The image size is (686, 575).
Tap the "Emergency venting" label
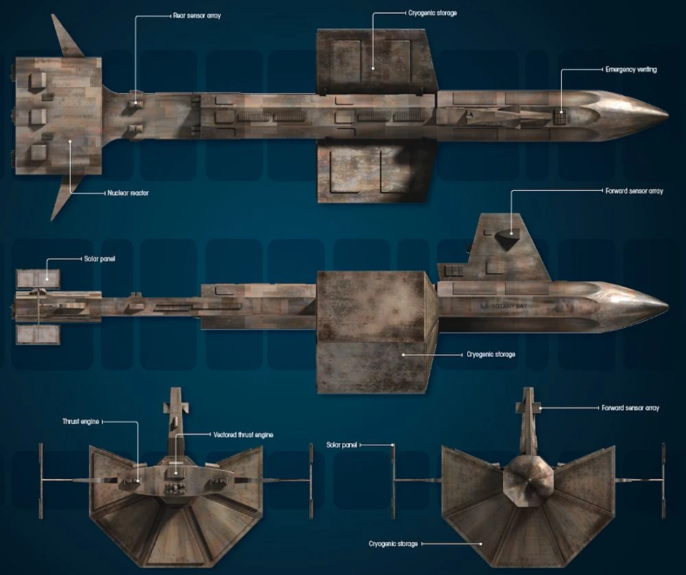pyautogui.click(x=630, y=69)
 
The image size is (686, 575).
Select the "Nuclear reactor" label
pyautogui.click(x=128, y=193)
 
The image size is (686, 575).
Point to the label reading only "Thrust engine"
pyautogui.click(x=82, y=422)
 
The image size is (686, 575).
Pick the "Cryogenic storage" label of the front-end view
pyautogui.click(x=393, y=544)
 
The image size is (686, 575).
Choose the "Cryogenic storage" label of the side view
pyautogui.click(x=490, y=355)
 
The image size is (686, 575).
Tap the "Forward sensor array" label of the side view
pyautogui.click(x=635, y=191)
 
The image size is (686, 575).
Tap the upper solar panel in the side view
pyautogui.click(x=38, y=277)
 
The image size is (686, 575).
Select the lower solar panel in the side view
pyautogui.click(x=38, y=334)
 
